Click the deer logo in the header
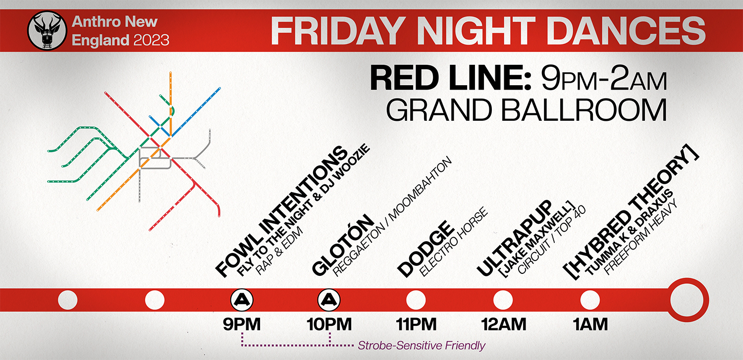pyautogui.click(x=47, y=31)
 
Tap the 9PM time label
pyautogui.click(x=242, y=324)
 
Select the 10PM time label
pyautogui.click(x=329, y=324)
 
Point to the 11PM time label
pyautogui.click(x=416, y=324)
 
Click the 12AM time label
pyautogui.click(x=504, y=324)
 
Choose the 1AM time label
pyautogui.click(x=590, y=324)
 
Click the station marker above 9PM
pyautogui.click(x=242, y=300)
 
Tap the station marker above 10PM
pyautogui.click(x=329, y=300)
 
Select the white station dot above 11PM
pyautogui.click(x=416, y=300)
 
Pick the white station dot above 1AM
pyautogui.click(x=590, y=300)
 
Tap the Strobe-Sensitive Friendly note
pyautogui.click(x=422, y=346)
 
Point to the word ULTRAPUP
pyautogui.click(x=515, y=238)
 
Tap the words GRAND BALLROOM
pyautogui.click(x=527, y=110)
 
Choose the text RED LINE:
pyautogui.click(x=450, y=78)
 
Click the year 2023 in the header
pyautogui.click(x=152, y=40)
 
